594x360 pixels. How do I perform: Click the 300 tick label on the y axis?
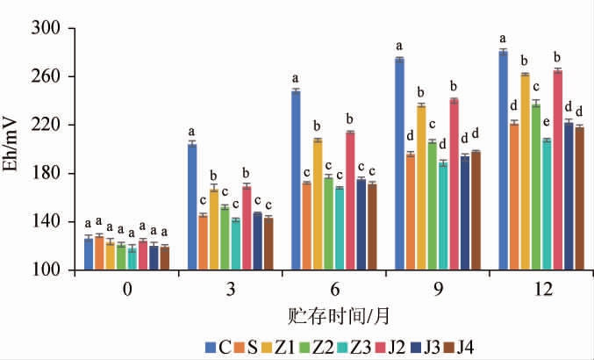click(54, 29)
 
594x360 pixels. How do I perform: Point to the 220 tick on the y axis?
click(54, 126)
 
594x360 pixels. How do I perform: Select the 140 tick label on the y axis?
click(54, 222)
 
